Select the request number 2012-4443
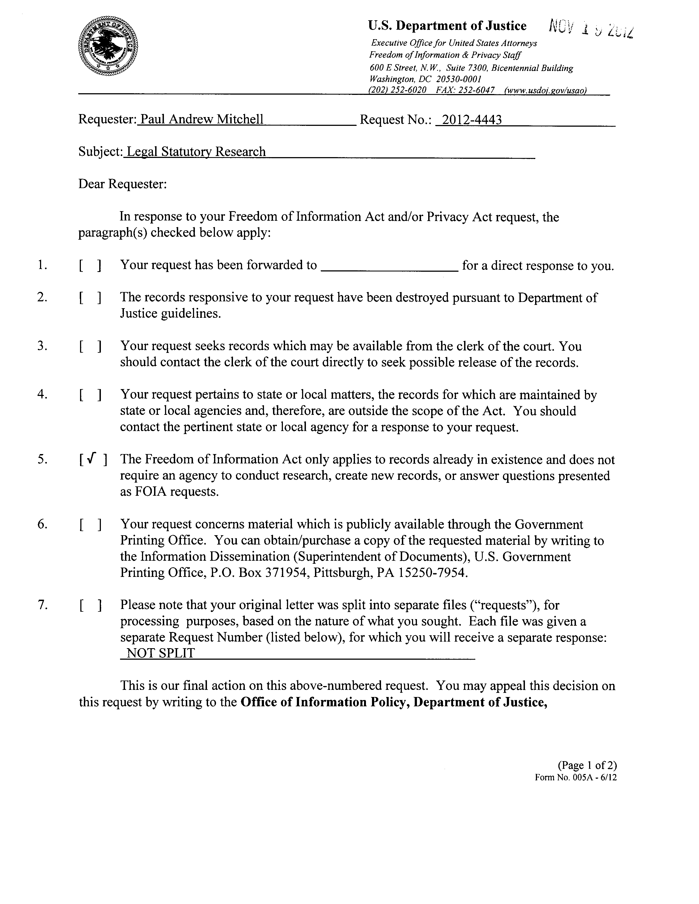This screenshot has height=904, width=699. coord(472,120)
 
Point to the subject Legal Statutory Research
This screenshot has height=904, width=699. coord(196,152)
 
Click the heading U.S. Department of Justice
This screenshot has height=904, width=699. coord(447,26)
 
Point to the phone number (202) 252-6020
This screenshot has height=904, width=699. coord(397,90)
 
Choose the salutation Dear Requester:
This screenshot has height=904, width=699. coord(123,184)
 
